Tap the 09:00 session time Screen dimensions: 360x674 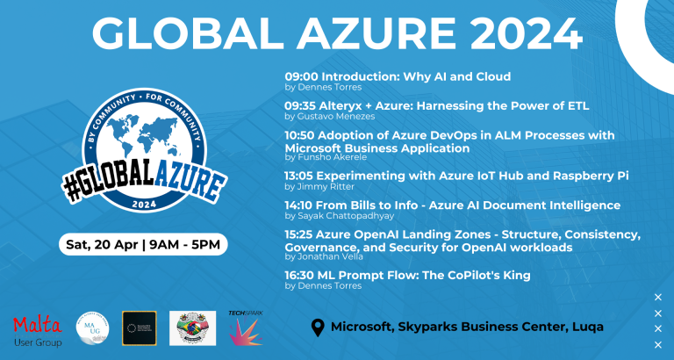point(302,76)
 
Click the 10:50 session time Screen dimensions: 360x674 point(303,135)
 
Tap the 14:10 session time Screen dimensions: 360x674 point(302,205)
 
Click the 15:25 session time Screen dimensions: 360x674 point(303,234)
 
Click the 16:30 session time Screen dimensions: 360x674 point(303,276)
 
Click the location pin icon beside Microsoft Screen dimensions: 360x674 point(319,328)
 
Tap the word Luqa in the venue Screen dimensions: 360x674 point(584,328)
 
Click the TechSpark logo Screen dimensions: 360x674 point(246,328)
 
